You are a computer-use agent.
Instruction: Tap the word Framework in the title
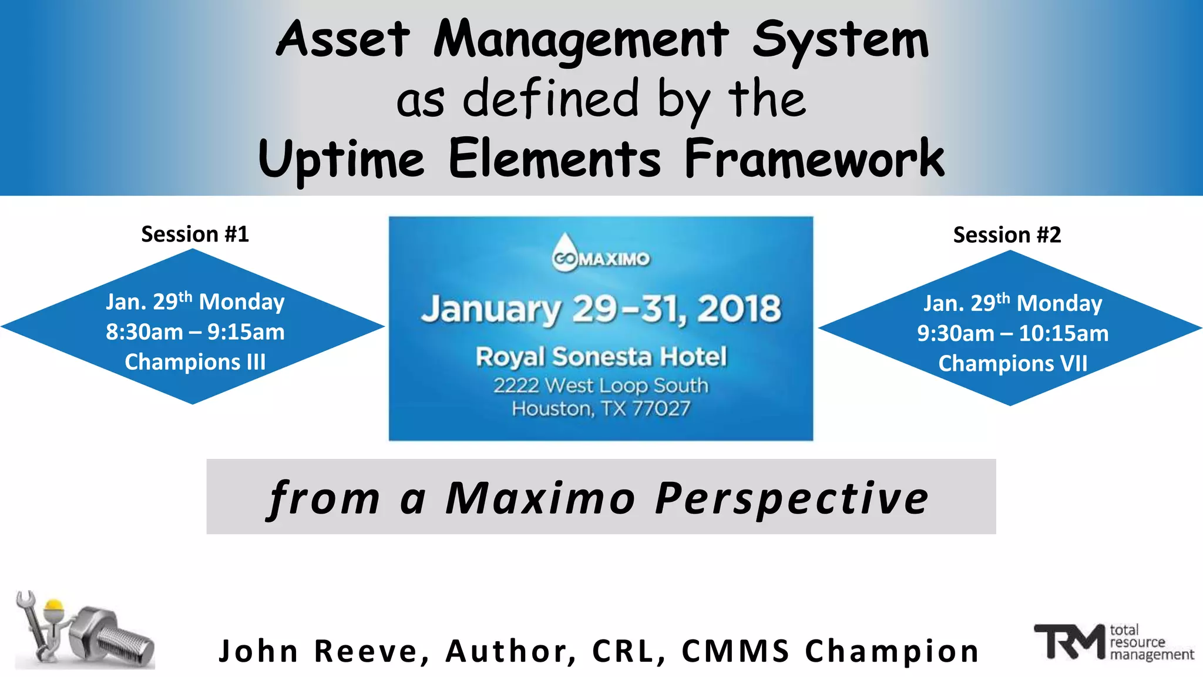pyautogui.click(x=814, y=159)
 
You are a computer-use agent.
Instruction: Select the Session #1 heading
pyautogui.click(x=195, y=234)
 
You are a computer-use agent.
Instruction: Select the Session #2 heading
pyautogui.click(x=1007, y=235)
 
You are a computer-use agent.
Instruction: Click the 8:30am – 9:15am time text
pyautogui.click(x=195, y=332)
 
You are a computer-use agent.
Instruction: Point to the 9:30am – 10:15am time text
pyautogui.click(x=1013, y=334)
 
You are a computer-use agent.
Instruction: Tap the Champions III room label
pyautogui.click(x=195, y=362)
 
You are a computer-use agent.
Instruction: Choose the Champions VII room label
pyautogui.click(x=1013, y=364)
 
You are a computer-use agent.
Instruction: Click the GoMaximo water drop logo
pyautogui.click(x=565, y=252)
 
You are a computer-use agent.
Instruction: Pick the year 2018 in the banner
pyautogui.click(x=739, y=309)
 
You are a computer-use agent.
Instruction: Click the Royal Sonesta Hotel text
pyautogui.click(x=601, y=357)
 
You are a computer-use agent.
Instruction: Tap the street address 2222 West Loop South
pyautogui.click(x=601, y=386)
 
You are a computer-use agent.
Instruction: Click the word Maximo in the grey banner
pyautogui.click(x=540, y=498)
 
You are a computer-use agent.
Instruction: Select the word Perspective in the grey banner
pyautogui.click(x=792, y=498)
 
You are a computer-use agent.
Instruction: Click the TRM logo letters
pyautogui.click(x=1069, y=642)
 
